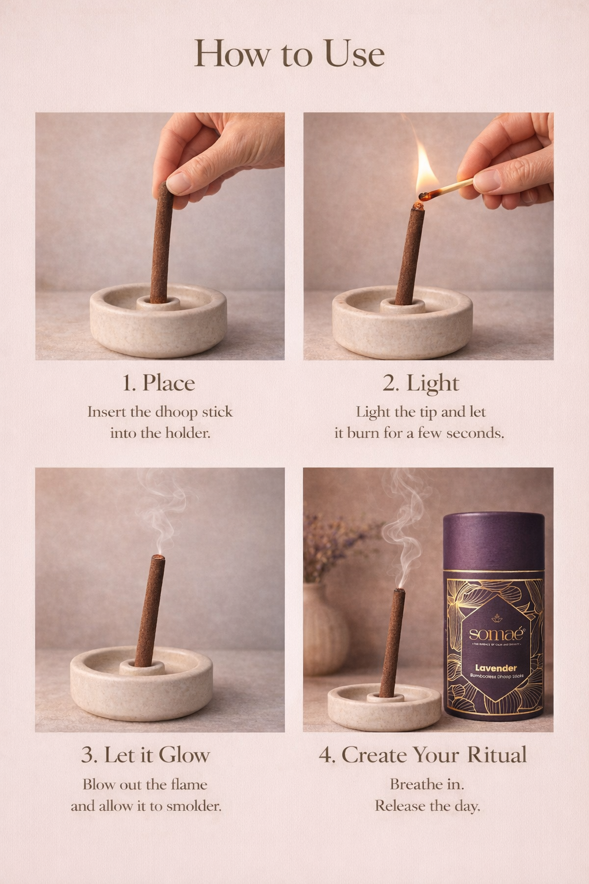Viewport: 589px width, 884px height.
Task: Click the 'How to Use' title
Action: [289, 55]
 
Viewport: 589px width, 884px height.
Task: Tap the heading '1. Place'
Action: [159, 383]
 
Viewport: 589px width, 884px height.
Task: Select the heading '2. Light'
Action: [421, 383]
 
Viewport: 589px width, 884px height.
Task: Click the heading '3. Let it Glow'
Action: [146, 755]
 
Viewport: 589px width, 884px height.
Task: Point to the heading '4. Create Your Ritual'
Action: [423, 755]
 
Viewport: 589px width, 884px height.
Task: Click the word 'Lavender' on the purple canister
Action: [495, 668]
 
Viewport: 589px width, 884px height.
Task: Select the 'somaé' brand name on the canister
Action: [495, 634]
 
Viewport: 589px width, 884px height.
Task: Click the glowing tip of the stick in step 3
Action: [159, 558]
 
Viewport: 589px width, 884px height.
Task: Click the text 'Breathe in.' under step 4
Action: [427, 784]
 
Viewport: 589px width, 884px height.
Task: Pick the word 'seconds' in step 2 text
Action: [475, 433]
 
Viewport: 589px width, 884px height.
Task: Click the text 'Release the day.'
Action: [427, 806]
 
